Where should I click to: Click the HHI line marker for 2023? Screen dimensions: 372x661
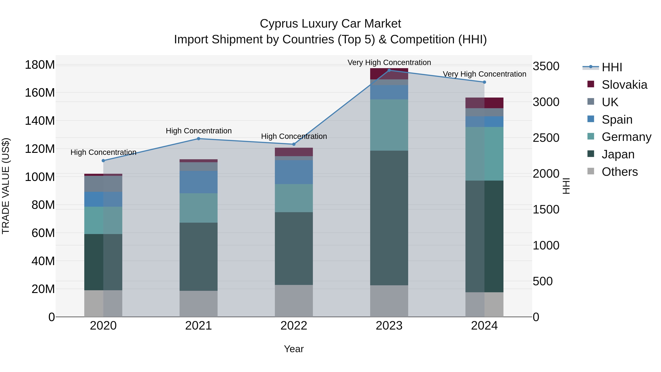click(389, 70)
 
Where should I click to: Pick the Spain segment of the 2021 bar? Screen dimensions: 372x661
click(199, 182)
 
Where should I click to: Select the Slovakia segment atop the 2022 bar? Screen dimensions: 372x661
click(294, 152)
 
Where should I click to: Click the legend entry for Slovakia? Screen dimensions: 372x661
click(624, 85)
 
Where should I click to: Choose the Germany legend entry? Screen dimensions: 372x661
click(626, 137)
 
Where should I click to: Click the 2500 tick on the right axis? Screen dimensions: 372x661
click(546, 138)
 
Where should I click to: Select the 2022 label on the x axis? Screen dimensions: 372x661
click(294, 326)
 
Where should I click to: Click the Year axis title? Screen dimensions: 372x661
click(294, 349)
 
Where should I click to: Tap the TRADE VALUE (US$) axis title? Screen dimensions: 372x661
click(6, 186)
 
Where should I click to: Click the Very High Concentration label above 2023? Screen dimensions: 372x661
click(389, 62)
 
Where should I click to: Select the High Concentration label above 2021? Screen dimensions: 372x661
click(199, 131)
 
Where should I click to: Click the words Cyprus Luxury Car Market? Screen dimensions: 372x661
click(330, 24)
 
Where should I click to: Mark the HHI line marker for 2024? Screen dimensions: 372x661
click(484, 82)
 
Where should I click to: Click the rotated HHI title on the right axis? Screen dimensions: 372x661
click(566, 186)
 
